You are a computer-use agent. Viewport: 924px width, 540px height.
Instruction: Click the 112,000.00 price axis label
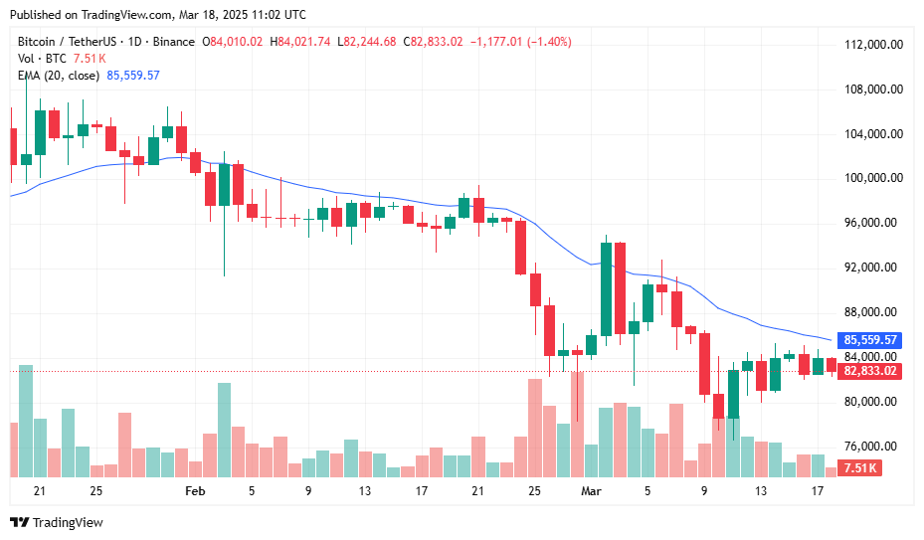click(x=873, y=45)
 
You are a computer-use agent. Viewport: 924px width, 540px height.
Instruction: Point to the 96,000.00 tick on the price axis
click(x=873, y=223)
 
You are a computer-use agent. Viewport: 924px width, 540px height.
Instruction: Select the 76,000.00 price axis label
click(x=873, y=447)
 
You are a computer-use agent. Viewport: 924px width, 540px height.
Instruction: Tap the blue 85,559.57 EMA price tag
click(x=870, y=340)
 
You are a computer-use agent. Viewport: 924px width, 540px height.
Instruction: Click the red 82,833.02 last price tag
click(x=870, y=371)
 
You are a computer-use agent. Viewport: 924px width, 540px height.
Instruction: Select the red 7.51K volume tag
click(x=859, y=468)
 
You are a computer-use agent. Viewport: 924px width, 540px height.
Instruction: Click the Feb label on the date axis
click(x=195, y=491)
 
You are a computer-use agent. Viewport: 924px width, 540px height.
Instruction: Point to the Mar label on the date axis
click(x=592, y=491)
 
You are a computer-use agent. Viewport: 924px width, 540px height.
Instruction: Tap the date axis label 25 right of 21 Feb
click(x=534, y=491)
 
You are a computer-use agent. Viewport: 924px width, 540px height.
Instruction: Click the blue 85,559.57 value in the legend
click(x=133, y=76)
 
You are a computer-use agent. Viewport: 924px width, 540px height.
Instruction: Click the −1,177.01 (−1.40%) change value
click(x=520, y=42)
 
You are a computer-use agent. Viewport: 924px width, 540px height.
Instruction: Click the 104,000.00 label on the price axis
click(x=873, y=134)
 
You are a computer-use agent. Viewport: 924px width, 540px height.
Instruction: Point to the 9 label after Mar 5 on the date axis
click(x=704, y=491)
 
